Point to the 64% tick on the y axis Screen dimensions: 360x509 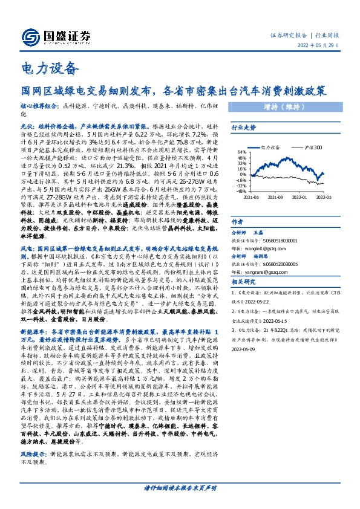tap(240, 152)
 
